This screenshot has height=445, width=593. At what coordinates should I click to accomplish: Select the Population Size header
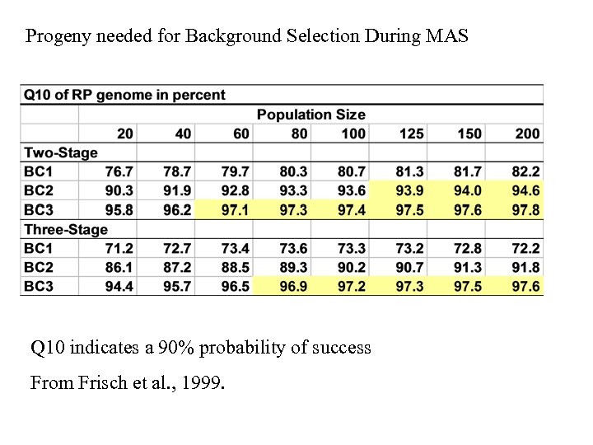[x=311, y=115]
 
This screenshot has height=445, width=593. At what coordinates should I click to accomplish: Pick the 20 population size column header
[x=125, y=133]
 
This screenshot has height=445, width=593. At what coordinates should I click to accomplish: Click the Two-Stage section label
[x=60, y=152]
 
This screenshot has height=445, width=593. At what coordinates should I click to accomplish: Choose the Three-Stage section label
[x=65, y=229]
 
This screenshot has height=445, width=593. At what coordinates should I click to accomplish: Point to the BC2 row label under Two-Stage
[x=39, y=190]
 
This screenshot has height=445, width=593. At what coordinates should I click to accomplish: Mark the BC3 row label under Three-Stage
[x=39, y=286]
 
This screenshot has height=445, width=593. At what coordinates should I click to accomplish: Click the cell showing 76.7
[x=119, y=171]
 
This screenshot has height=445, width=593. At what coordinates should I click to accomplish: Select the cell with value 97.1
[x=236, y=210]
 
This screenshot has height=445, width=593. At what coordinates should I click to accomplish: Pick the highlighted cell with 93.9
[x=409, y=190]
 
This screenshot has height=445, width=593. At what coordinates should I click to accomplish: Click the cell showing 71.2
[x=119, y=248]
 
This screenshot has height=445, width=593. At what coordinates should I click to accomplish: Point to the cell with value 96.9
[x=293, y=286]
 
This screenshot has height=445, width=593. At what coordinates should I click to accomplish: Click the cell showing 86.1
[x=119, y=267]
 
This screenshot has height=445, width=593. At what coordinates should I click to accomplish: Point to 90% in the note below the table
[x=200, y=348]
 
